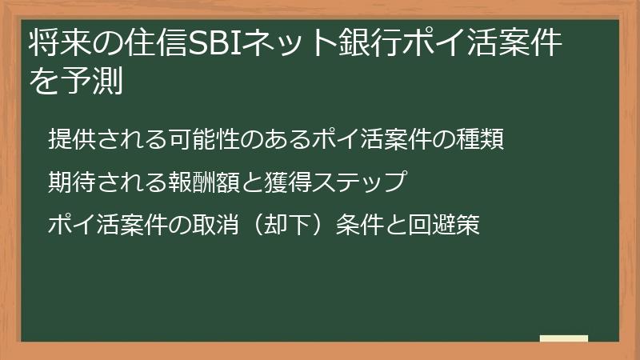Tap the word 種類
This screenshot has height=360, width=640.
483,138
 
